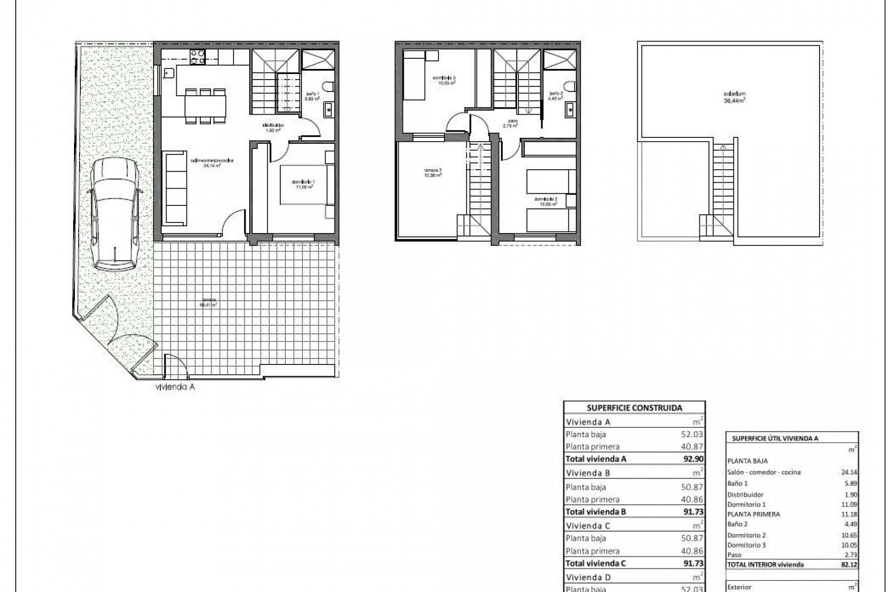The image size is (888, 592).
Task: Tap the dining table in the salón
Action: pos(205,106)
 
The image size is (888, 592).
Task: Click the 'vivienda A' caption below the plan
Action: pos(175,388)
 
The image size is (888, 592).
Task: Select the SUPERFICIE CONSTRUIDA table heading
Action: pos(634,408)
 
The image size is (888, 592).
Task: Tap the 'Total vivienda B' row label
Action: pos(596,512)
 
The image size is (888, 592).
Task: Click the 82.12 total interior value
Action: pos(849,564)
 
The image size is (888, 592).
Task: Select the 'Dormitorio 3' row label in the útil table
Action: pos(746,545)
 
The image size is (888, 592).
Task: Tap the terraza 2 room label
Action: pos(433,173)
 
